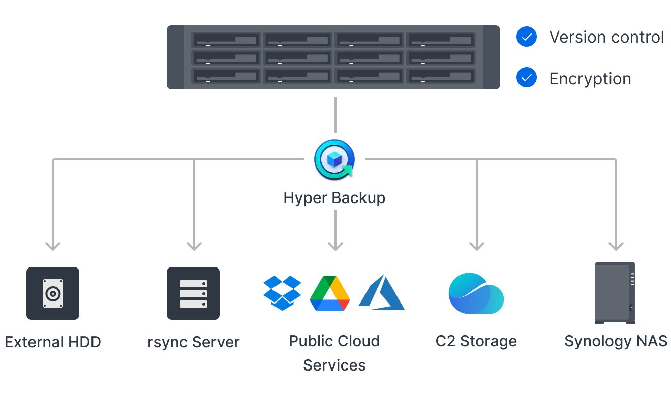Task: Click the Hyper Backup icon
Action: pos(334,159)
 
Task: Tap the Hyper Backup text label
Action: pos(334,197)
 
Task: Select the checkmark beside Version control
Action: pos(527,37)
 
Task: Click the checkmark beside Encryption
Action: pos(527,78)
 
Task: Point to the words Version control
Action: pos(606,37)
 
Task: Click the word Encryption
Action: pos(590,79)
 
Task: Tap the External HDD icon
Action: pos(53,293)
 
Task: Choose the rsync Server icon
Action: pos(193,293)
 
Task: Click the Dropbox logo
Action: pos(282,293)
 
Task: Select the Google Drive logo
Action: pos(330,293)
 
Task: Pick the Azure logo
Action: pos(382,293)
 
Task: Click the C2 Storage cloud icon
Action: pos(476,294)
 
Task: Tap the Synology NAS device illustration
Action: pos(615,293)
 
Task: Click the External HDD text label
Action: pos(53,342)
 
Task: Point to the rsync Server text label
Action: pos(193,342)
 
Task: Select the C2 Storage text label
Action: pos(476,341)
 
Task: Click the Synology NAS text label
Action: pos(616,341)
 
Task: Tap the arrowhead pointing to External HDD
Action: pos(53,246)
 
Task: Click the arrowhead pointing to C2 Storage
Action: pos(476,246)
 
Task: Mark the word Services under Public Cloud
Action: pos(334,365)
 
